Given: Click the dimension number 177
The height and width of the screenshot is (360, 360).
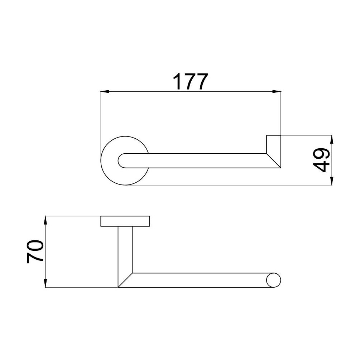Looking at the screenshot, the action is coord(190,82).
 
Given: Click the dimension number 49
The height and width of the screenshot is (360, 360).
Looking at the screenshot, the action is coord(321,160).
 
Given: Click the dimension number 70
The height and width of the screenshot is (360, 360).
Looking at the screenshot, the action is coord(35,251).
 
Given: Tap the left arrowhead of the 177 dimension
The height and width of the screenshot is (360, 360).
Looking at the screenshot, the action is coord(105,92).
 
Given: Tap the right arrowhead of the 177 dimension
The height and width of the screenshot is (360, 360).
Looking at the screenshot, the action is coord(277,92).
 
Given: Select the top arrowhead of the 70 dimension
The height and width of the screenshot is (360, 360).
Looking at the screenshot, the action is coord(45,220).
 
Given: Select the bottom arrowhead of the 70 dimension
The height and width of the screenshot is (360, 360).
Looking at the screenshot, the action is coord(45,283).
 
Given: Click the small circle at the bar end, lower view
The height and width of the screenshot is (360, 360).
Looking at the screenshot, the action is coord(274,280).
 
